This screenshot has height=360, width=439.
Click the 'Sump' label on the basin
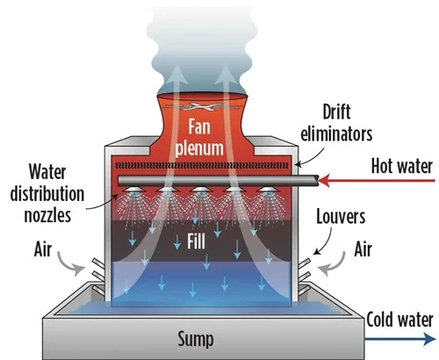point(196,340)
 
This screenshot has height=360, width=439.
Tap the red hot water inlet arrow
point(377,181)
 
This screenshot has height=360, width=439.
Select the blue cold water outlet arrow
point(400,339)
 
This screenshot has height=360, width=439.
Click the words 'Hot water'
point(402,166)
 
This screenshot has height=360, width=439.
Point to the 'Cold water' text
point(399,320)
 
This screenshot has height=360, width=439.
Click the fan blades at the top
point(199,107)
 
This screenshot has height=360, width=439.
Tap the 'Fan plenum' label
point(199,138)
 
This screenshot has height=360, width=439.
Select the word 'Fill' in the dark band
point(196,241)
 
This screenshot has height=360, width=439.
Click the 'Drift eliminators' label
point(336,123)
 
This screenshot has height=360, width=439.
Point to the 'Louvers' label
point(341,217)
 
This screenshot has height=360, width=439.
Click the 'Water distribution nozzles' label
point(47,193)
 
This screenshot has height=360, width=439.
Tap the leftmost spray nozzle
point(134,189)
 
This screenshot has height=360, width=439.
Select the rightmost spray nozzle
point(267,189)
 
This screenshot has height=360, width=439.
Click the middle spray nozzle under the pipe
point(200,189)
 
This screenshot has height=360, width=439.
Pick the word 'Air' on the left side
point(43,249)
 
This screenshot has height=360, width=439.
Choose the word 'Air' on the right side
point(363,249)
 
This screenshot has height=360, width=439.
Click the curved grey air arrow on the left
point(66,266)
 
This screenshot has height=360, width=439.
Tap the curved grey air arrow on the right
point(336,266)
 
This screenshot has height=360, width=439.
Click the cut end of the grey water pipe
point(316,180)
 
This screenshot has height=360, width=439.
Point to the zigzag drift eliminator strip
point(202,166)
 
